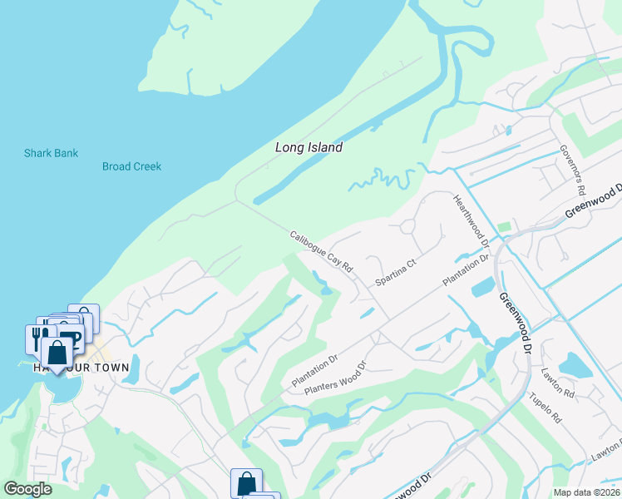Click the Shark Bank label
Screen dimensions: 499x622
point(51,153)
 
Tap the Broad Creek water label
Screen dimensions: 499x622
point(131,166)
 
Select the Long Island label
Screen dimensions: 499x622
point(309,147)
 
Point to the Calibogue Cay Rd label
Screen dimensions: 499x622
point(322,251)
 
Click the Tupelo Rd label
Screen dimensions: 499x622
point(545,407)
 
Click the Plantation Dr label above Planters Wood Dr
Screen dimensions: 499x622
point(314,371)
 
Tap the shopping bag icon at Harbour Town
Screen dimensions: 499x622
point(57,354)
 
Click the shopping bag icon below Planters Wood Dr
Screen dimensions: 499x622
point(246,483)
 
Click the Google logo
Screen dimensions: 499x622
point(27,489)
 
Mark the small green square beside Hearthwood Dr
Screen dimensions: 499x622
point(503,227)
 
